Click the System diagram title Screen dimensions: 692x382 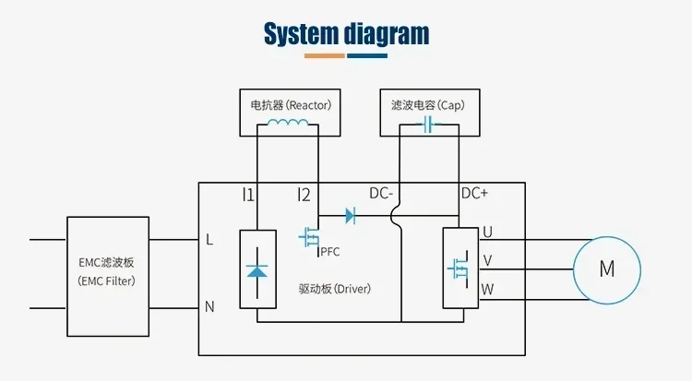[x=346, y=34]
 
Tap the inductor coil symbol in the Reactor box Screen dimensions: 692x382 [x=288, y=122]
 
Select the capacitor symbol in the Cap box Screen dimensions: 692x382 [x=428, y=125]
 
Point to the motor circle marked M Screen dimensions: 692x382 [x=607, y=270]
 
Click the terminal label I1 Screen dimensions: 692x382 [x=248, y=195]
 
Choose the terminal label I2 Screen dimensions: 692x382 [x=304, y=195]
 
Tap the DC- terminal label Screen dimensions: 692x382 [x=381, y=193]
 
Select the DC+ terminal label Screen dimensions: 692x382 [x=474, y=193]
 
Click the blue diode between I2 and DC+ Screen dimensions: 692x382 [x=351, y=216]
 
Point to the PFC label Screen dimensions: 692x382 [x=330, y=252]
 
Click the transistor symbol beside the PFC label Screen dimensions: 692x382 [x=309, y=238]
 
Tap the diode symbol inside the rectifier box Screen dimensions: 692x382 [x=257, y=271]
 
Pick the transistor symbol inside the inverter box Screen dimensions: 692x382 [x=458, y=269]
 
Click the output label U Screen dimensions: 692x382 [x=487, y=232]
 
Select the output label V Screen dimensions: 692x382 [x=487, y=260]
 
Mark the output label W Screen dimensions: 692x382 [x=487, y=290]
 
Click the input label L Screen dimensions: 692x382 [x=209, y=240]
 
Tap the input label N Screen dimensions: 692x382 [x=209, y=306]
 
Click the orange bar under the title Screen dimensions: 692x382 [x=325, y=56]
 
